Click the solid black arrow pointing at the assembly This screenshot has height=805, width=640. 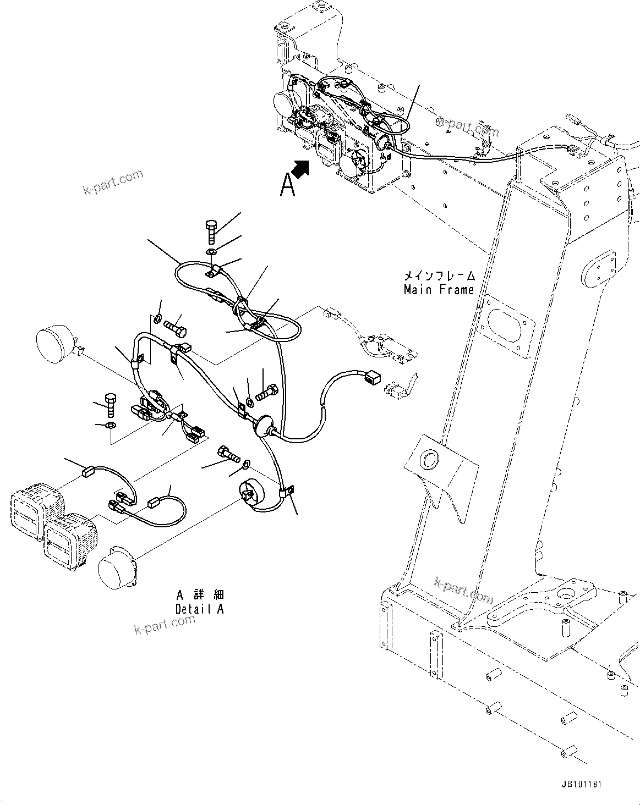[300, 168]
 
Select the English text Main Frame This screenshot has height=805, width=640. [439, 290]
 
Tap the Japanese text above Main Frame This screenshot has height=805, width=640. [439, 276]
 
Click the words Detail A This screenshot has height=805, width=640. [199, 609]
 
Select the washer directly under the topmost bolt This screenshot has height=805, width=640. [212, 252]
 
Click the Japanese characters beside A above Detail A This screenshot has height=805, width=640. [209, 596]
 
